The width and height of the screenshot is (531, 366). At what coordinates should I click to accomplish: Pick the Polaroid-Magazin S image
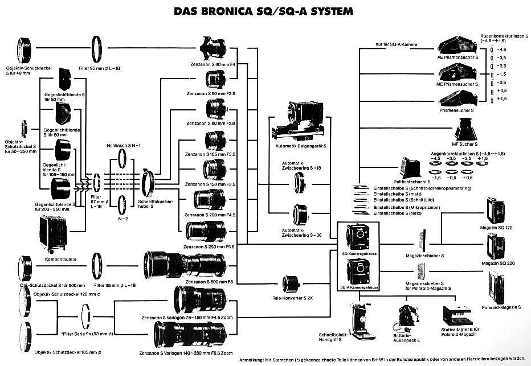(497, 286)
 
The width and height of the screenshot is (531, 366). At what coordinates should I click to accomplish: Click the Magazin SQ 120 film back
(495, 210)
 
